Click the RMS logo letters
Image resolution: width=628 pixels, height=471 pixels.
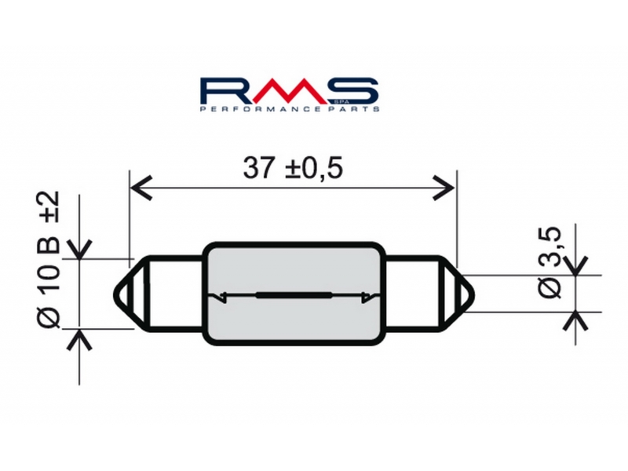click(290, 90)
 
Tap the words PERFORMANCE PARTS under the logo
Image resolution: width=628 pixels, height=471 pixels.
click(290, 109)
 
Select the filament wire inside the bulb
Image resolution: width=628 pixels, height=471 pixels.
click(292, 295)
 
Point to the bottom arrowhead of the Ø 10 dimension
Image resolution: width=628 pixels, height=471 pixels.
click(79, 338)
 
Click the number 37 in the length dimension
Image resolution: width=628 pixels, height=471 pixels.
click(260, 167)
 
